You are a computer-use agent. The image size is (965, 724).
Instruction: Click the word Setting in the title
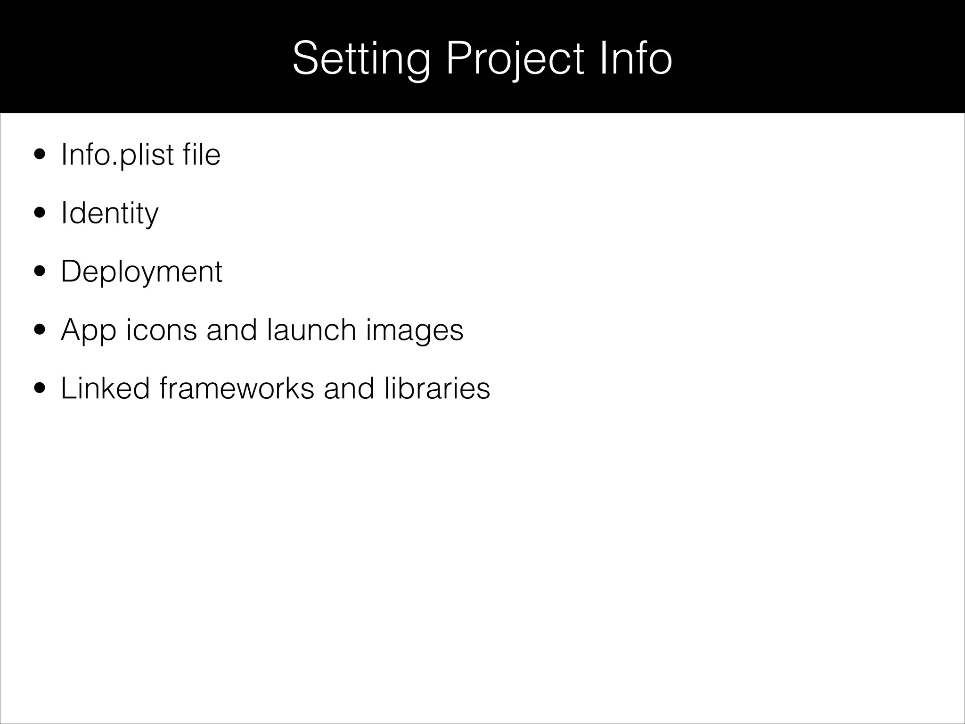[x=361, y=58]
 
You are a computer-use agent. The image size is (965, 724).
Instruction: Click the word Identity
[x=110, y=213]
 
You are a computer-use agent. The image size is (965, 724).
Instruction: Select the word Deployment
[x=141, y=271]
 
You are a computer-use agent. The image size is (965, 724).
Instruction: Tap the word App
[x=89, y=330]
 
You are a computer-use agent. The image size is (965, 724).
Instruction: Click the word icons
[x=162, y=330]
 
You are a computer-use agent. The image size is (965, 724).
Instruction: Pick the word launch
[x=311, y=330]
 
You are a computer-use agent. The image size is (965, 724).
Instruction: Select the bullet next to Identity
[x=40, y=213]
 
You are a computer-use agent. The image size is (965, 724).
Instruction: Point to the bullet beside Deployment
[x=40, y=271]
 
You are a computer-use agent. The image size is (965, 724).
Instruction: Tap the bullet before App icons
[x=40, y=330]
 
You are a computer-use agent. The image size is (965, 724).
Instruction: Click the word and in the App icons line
[x=232, y=330]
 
